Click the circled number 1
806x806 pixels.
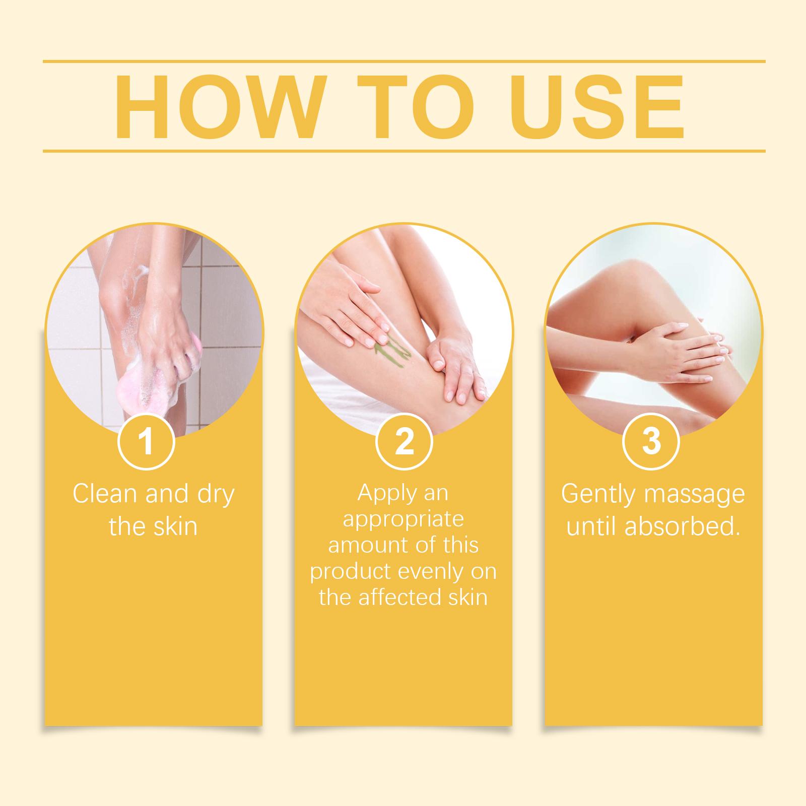tap(146, 442)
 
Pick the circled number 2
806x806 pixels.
tap(404, 442)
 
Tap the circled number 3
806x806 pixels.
tap(651, 442)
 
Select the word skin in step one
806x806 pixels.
tap(174, 526)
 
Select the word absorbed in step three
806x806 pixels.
tap(683, 526)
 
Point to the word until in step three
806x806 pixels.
tap(592, 526)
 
